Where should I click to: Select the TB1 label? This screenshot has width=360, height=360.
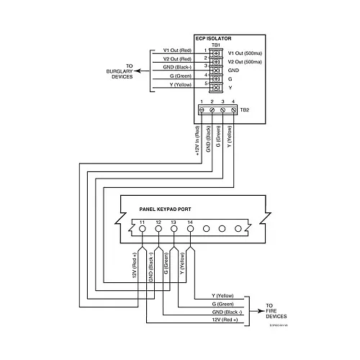coord(215,45)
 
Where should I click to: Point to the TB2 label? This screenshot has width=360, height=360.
coord(244,110)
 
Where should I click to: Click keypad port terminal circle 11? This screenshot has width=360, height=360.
coord(142,228)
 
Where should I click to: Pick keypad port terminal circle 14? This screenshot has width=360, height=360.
coord(190,228)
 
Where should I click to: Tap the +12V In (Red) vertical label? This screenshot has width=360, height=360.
coord(196,140)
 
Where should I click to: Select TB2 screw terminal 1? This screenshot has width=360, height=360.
coord(204,109)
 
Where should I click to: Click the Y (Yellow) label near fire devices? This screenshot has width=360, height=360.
coord(222,295)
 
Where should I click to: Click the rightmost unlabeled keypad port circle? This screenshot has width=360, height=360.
coord(238,228)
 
